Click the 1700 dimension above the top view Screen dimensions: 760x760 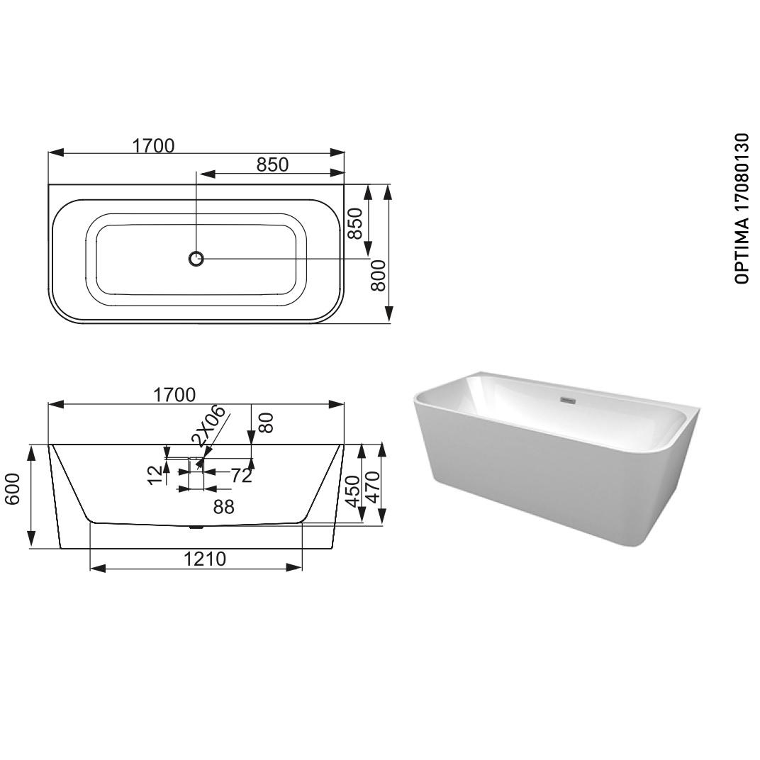pos(153,145)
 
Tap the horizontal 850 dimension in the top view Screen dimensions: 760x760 pos(272,164)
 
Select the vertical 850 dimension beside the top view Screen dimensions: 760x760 pos(355,223)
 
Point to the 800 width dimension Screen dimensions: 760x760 pos(378,275)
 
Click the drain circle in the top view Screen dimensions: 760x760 pos(196,259)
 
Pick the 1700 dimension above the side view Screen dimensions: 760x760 pos(174,395)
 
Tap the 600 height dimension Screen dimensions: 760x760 pos(12,489)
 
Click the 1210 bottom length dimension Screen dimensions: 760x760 pos(205,559)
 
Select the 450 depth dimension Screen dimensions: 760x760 pos(352,491)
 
